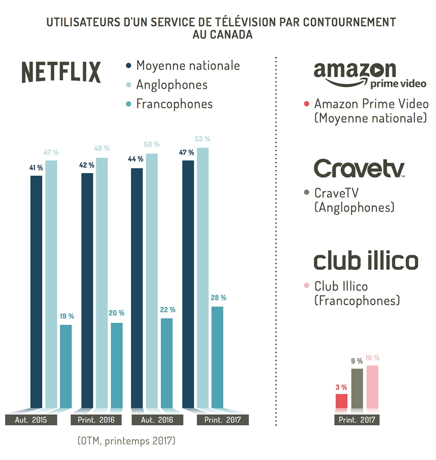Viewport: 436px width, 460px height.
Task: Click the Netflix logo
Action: pos(61,72)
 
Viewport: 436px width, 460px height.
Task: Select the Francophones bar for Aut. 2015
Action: pos(66,366)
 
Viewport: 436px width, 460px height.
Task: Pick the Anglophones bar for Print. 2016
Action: pos(102,283)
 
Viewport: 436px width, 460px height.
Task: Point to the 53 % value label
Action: pos(203,139)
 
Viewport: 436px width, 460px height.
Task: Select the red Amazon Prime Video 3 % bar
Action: pos(341,401)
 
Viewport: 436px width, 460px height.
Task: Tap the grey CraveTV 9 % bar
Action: pos(357,388)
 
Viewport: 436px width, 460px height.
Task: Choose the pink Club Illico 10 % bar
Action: pos(372,386)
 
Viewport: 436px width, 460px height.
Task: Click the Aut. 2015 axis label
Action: pos(31,420)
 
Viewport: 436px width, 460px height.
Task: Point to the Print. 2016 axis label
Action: pos(96,420)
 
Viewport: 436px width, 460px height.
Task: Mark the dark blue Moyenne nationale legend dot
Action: pos(128,66)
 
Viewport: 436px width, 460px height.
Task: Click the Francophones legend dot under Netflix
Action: pos(128,104)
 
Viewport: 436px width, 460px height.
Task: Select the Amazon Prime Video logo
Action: pos(370,75)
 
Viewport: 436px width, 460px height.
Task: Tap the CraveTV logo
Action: pos(359,168)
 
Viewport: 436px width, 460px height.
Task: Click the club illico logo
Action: pos(365,260)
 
